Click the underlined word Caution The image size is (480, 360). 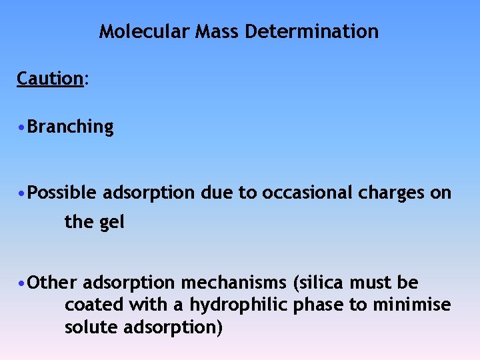(x=49, y=79)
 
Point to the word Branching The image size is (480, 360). (x=71, y=127)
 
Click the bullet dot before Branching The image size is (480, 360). (x=23, y=127)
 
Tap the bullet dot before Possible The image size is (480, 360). (x=23, y=193)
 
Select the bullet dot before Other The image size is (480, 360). (x=23, y=283)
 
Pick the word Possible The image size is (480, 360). (x=64, y=193)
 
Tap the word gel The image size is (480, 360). (x=112, y=222)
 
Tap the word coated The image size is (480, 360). (x=88, y=305)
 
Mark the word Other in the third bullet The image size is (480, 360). (x=53, y=283)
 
